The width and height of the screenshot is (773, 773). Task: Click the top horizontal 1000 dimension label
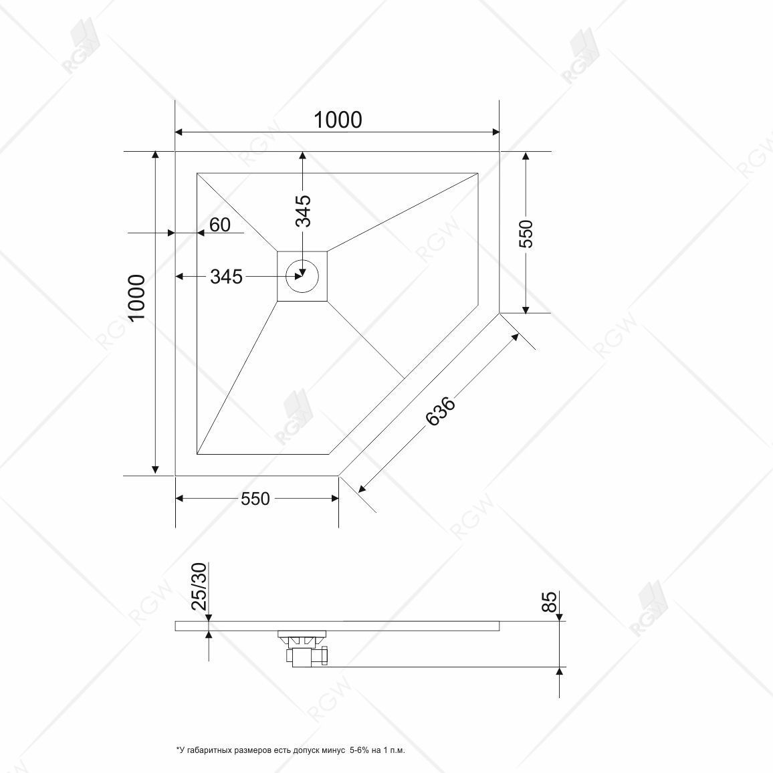click(x=338, y=120)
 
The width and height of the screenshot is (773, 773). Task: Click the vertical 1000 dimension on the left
click(x=137, y=298)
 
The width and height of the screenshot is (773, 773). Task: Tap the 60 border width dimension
click(x=219, y=225)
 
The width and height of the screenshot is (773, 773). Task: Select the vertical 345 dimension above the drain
click(x=303, y=211)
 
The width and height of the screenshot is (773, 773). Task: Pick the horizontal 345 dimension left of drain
click(x=226, y=276)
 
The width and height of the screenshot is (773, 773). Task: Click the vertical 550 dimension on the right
click(x=526, y=234)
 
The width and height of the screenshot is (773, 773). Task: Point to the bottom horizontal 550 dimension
click(x=255, y=499)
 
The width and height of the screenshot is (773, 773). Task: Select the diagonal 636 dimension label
click(x=441, y=411)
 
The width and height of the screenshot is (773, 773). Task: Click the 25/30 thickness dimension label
click(x=199, y=586)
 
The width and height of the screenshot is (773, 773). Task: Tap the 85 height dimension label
click(x=549, y=602)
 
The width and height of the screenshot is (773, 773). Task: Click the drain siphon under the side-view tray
click(x=306, y=647)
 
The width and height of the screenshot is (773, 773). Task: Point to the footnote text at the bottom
click(x=290, y=750)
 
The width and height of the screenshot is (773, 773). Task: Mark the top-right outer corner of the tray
click(x=500, y=152)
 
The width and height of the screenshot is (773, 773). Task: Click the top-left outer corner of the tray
click(x=175, y=152)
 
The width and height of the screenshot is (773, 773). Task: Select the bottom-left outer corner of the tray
click(x=175, y=475)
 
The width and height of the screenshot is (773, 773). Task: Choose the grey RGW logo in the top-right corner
click(x=580, y=57)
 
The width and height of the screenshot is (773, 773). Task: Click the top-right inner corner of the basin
click(x=478, y=173)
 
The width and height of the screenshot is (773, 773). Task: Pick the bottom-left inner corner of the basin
click(x=197, y=454)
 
